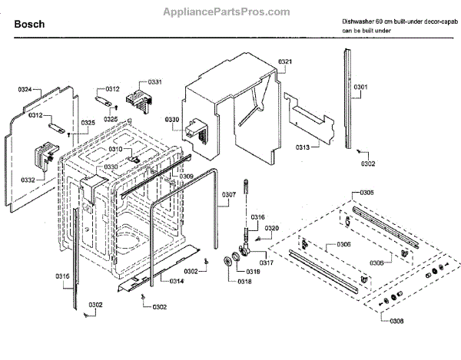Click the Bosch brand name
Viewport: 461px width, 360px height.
pyautogui.click(x=29, y=24)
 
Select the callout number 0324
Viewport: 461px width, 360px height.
pyautogui.click(x=25, y=90)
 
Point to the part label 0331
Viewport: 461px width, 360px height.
pyautogui.click(x=154, y=81)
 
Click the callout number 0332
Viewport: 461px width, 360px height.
pyautogui.click(x=28, y=180)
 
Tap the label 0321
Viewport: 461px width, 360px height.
pyautogui.click(x=285, y=61)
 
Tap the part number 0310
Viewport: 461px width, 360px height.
pyautogui.click(x=114, y=148)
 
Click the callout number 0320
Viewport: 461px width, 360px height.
pyautogui.click(x=272, y=228)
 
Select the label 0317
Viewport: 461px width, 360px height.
pyautogui.click(x=266, y=263)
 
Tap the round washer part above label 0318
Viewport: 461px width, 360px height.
pyautogui.click(x=228, y=265)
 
